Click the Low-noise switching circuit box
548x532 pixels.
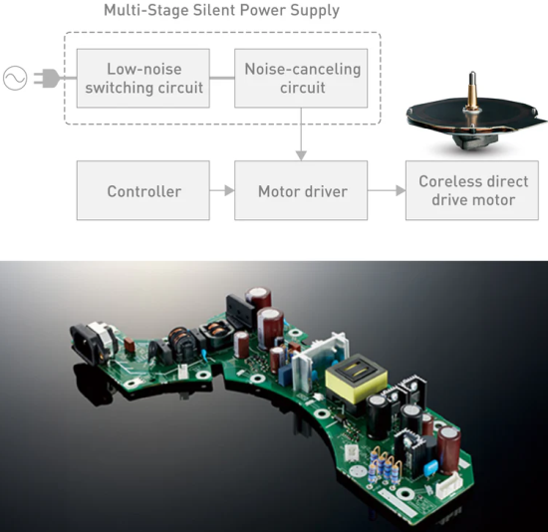pos(142,78)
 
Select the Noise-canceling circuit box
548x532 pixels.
pos(301,78)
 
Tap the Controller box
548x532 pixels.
pos(142,190)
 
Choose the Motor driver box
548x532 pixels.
pos(301,190)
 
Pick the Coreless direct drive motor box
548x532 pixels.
pos(472,190)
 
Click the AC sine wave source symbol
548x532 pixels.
pos(15,78)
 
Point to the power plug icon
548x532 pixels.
pos(47,78)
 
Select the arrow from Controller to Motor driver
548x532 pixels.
pos(222,190)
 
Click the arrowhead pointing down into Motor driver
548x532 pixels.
pos(301,155)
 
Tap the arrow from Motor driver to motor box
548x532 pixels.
pos(387,190)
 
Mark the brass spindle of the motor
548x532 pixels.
pos(472,91)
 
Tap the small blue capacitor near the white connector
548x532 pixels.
pos(431,466)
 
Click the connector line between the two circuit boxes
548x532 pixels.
pos(222,78)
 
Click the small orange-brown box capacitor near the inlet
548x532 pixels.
pos(130,345)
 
